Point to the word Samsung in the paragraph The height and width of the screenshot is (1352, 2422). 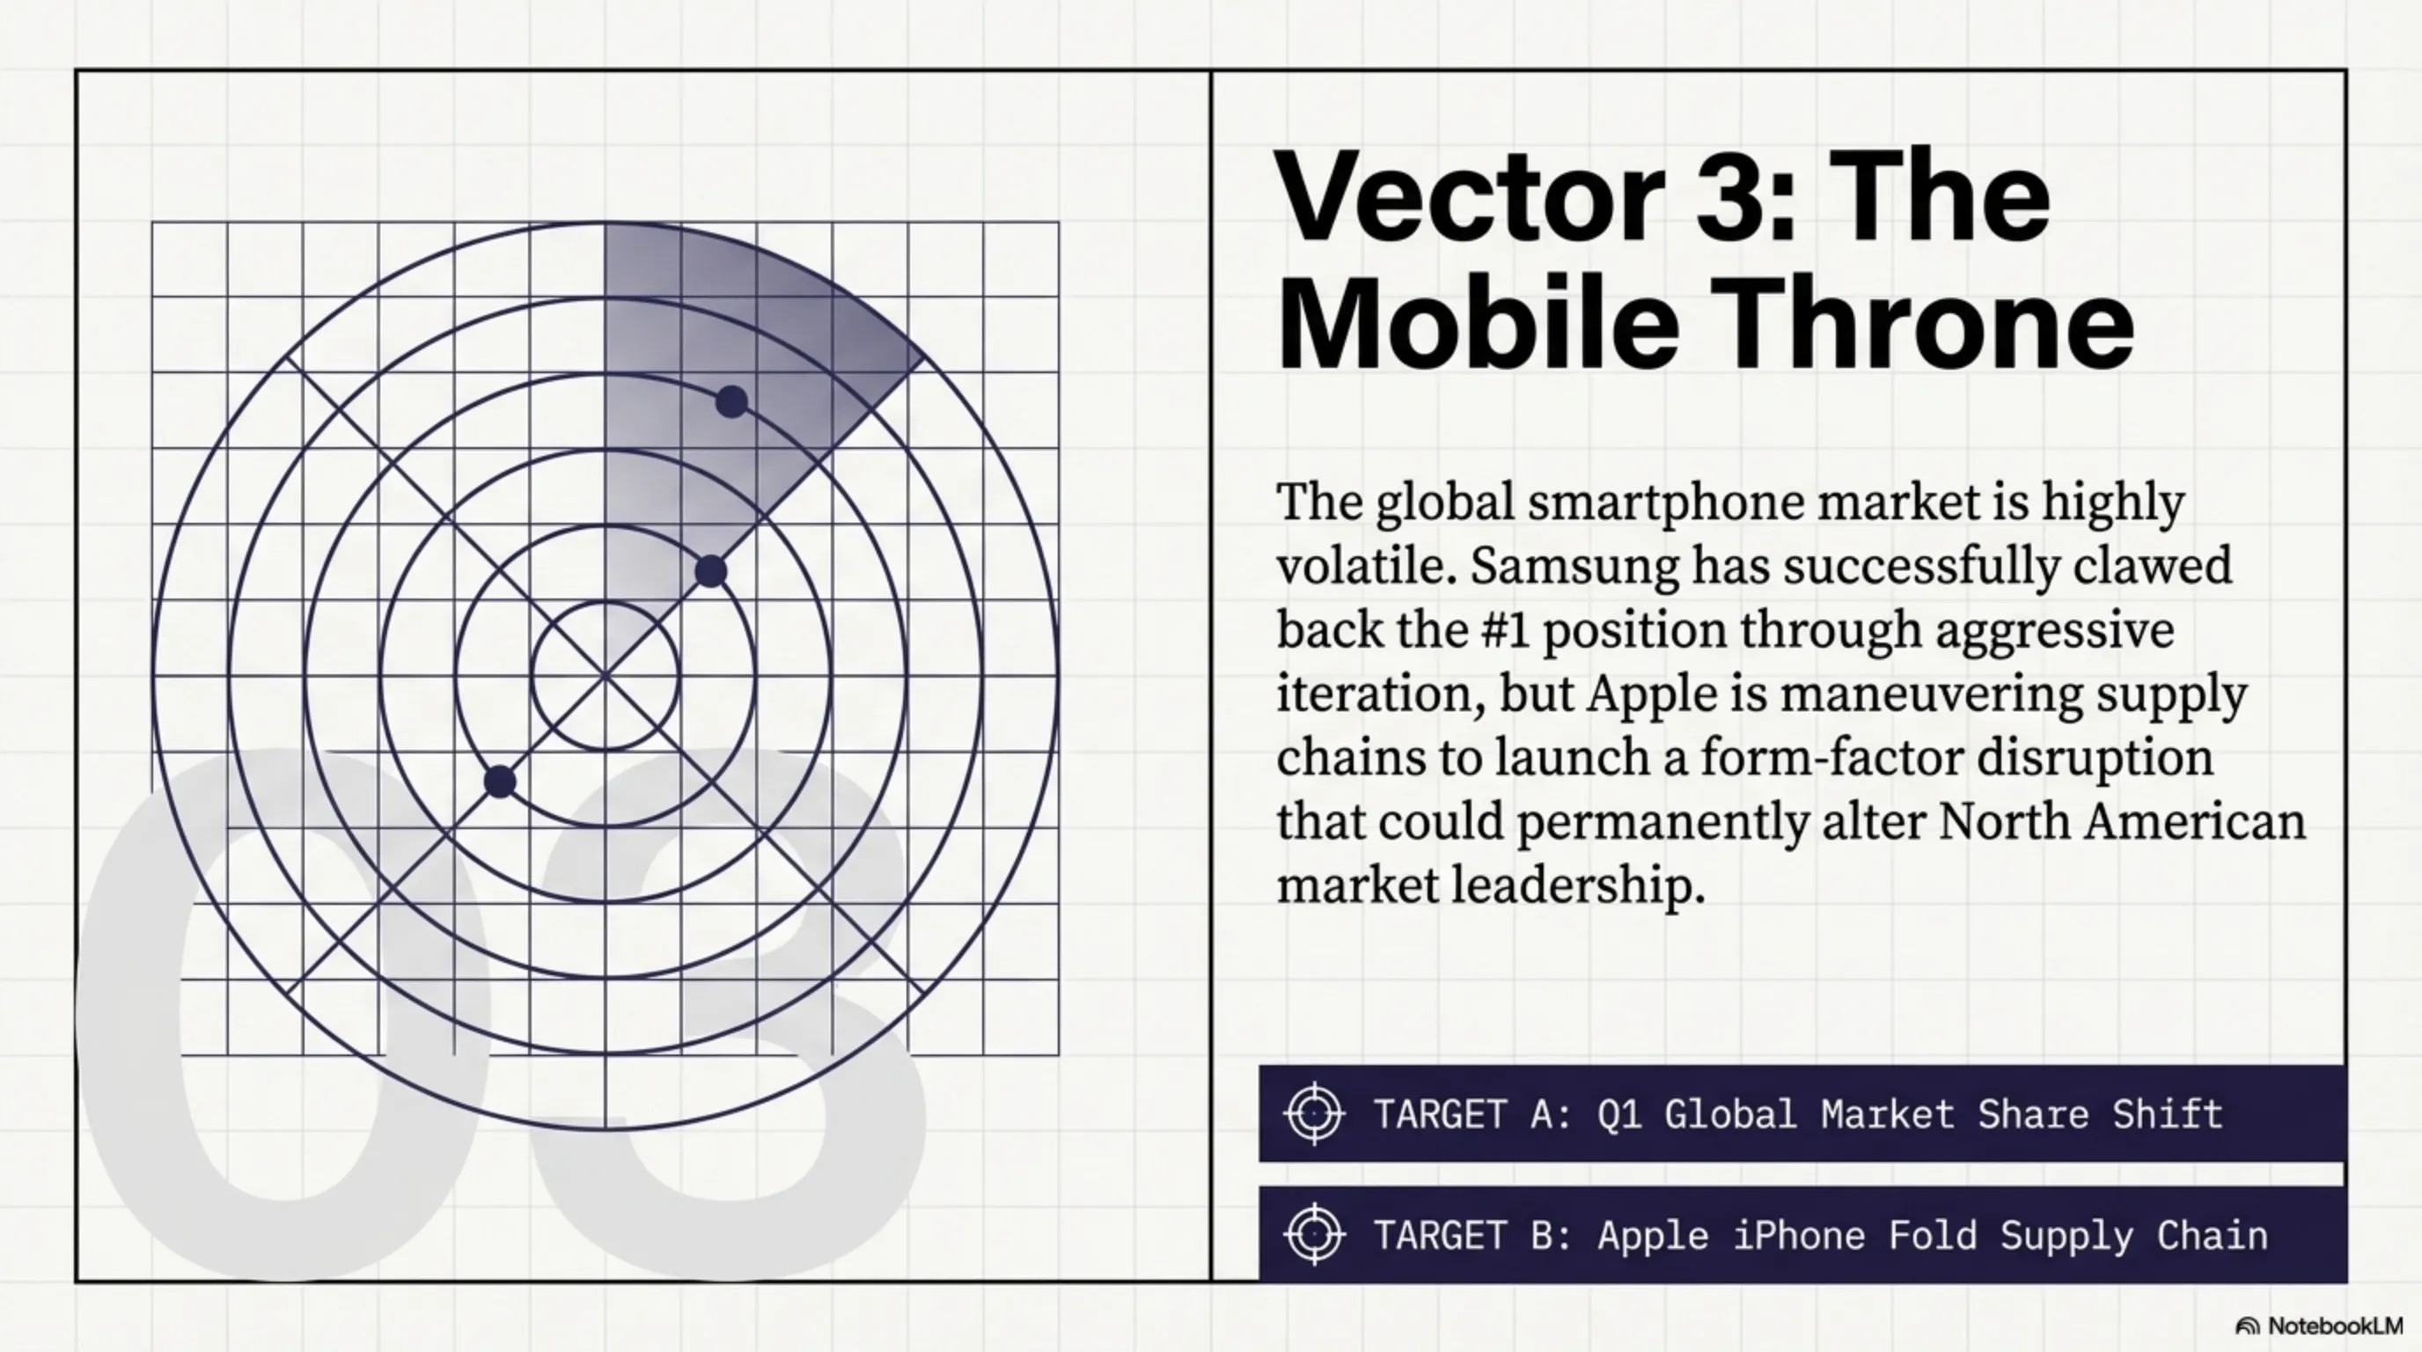pos(1574,566)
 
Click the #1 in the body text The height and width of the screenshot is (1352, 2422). pos(1504,629)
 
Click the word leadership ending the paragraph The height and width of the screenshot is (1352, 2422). pos(1578,885)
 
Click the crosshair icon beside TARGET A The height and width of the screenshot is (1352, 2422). pos(1315,1114)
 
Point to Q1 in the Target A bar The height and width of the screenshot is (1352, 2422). pos(1619,1114)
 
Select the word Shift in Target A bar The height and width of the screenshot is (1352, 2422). pos(2167,1114)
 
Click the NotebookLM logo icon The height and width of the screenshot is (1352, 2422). pos(2247,1326)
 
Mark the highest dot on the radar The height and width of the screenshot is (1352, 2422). pos(731,402)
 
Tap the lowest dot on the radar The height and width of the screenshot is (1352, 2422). pos(499,782)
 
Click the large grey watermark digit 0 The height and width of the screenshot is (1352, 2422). pos(282,1016)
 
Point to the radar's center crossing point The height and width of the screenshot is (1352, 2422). pos(605,675)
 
